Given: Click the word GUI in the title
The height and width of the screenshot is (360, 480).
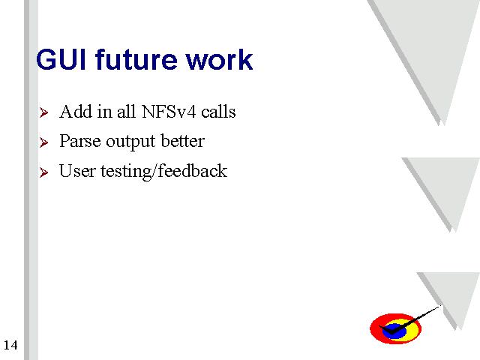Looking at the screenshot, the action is click(61, 59).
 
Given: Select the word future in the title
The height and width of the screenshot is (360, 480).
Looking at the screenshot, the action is click(136, 59).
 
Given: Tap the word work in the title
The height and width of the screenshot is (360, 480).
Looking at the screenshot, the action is click(220, 59).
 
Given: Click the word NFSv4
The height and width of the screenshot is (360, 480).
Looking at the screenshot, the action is click(169, 112).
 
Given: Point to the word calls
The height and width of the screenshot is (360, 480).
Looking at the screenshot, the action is click(218, 112).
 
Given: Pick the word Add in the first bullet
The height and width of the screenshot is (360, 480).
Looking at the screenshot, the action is click(76, 112).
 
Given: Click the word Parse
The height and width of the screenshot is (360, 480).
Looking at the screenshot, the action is click(80, 141).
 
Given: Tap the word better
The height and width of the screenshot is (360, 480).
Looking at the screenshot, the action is click(183, 141).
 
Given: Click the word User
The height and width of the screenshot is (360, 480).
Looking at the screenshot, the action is click(77, 171).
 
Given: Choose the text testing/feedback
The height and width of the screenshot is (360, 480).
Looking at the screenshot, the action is click(164, 172).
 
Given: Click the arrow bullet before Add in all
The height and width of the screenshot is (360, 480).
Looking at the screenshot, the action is click(43, 112).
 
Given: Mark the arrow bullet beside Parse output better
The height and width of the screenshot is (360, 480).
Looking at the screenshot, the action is click(43, 142).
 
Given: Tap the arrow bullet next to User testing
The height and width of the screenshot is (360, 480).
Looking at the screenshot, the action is click(43, 172).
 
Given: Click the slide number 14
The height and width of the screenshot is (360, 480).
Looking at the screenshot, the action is click(10, 345).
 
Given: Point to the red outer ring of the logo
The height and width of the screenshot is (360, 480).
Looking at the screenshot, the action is click(375, 329).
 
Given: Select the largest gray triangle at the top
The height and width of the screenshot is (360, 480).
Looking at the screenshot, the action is click(428, 46).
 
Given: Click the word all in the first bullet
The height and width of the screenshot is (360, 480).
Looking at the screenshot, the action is click(126, 112).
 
